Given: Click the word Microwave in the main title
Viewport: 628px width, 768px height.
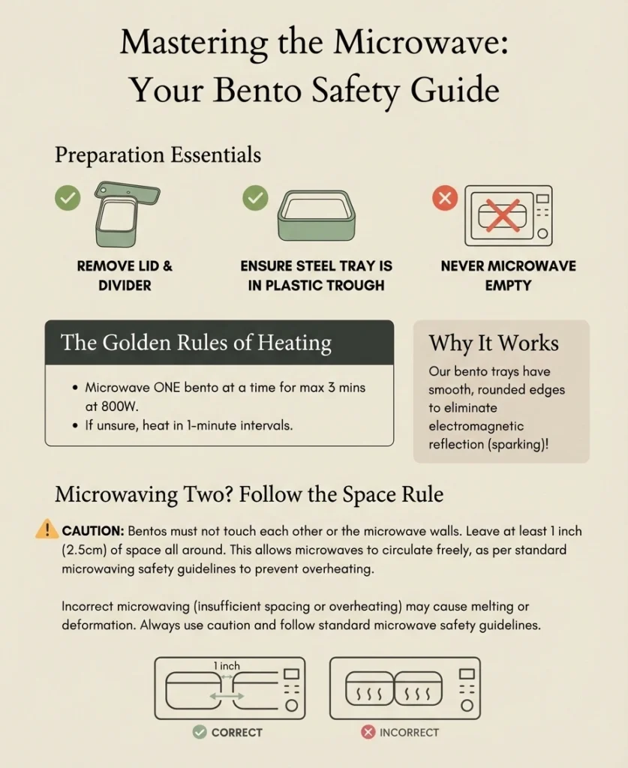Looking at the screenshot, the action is click(421, 42).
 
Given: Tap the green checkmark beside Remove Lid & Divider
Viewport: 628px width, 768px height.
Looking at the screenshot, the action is click(68, 198).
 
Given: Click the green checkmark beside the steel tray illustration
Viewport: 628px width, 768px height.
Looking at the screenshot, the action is click(255, 198).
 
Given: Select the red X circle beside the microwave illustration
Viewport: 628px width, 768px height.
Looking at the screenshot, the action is click(445, 198).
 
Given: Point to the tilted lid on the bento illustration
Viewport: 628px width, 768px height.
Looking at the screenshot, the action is click(128, 193).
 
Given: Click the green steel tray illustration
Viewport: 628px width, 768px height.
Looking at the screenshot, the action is click(317, 215).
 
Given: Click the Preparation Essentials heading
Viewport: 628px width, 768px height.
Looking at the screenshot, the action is click(158, 154).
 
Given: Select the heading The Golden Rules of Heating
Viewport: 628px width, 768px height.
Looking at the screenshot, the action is click(196, 342).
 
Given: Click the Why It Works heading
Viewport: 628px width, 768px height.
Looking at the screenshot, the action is click(494, 343).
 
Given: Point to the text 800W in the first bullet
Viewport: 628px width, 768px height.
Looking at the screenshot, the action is click(119, 406).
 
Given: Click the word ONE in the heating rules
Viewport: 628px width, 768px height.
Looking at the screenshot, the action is click(167, 388).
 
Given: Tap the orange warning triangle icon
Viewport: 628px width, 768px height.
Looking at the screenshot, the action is click(47, 529).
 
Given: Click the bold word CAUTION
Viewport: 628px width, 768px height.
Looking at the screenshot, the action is click(92, 531).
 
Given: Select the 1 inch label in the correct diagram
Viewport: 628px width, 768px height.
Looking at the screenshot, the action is click(227, 666).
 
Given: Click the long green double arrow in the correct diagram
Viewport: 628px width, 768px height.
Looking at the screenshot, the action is click(227, 696).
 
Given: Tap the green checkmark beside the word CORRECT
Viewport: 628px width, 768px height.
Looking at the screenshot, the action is click(200, 732).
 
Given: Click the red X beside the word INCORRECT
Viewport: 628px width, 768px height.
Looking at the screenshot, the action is click(368, 732).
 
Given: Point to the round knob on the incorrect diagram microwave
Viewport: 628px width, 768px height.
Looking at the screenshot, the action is click(467, 705).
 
